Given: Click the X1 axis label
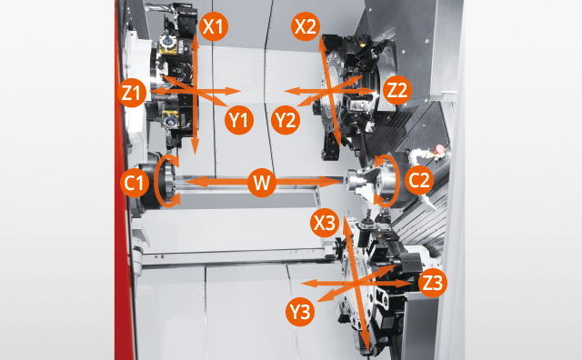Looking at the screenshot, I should coord(213,26).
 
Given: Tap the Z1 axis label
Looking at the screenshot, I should coord(133,92).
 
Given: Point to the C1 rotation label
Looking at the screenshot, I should coord(135,183).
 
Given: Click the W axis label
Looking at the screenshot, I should coord(262,183).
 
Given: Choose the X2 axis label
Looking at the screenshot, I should coord(306,26).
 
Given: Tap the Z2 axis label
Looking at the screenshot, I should coord(397,91).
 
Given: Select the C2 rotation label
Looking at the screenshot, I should coord(419,180).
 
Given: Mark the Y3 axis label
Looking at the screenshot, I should coord(299,313).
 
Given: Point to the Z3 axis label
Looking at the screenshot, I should coord(433,284).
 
